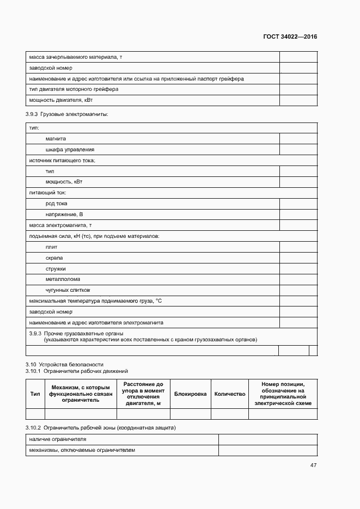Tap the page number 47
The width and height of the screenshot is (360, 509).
click(313, 465)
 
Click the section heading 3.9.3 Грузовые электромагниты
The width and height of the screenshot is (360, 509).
click(67, 114)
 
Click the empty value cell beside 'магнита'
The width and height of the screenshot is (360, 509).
click(298, 139)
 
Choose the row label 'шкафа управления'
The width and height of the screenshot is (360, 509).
click(70, 150)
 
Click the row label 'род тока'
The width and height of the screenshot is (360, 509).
click(57, 204)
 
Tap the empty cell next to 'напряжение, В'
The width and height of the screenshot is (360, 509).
click(298, 214)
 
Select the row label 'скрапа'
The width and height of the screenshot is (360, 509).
click(54, 257)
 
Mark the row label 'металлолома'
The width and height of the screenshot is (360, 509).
click(63, 279)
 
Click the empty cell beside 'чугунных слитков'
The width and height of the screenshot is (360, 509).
click(298, 290)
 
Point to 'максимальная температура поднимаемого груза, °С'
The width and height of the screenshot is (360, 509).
click(96, 301)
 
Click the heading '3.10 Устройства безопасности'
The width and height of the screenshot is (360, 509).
click(64, 364)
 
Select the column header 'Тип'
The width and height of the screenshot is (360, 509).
click(35, 394)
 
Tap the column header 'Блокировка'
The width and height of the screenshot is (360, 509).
click(190, 394)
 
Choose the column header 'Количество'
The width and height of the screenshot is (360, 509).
click(229, 394)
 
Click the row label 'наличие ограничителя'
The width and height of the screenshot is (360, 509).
click(58, 439)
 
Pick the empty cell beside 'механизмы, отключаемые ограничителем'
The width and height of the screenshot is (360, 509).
click(267, 450)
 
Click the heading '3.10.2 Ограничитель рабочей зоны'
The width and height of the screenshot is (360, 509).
click(101, 427)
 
